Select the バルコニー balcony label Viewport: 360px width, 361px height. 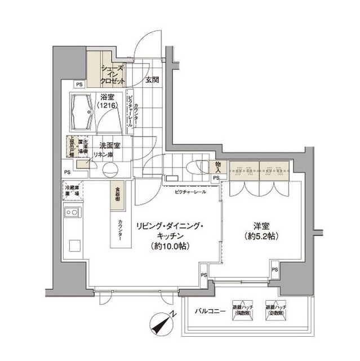(x=211, y=311)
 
